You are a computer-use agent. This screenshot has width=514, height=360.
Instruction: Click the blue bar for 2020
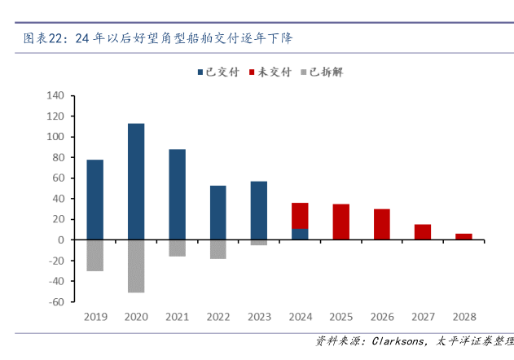pos(136,181)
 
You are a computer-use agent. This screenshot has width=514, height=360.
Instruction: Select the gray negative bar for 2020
pos(136,266)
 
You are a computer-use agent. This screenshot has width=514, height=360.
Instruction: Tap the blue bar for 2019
pos(95,200)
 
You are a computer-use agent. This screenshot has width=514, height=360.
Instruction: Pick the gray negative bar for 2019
pos(95,255)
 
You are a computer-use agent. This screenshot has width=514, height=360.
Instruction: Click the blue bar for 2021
pos(177,194)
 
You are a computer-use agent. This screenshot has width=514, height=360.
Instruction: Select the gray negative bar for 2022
pos(217,248)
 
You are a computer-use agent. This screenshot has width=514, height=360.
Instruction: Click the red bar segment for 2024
pos(300,216)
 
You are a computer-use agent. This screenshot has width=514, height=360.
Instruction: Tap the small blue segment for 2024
pos(300,235)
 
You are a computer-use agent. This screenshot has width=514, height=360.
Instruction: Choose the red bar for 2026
pos(381,224)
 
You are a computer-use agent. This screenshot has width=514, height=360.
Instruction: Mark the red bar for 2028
pos(463,236)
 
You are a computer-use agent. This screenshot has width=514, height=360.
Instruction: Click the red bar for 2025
pos(340,222)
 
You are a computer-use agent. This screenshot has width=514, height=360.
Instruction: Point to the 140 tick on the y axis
pos(55,95)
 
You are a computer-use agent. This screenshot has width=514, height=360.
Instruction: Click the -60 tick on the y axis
pos(55,301)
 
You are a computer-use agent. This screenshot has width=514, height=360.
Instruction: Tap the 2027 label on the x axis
pos(422,316)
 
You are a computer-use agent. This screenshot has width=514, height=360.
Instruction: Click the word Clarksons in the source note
pos(397,341)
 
